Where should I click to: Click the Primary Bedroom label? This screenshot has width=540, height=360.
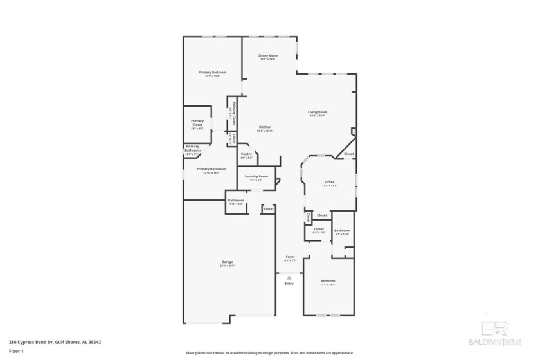pos(212,73)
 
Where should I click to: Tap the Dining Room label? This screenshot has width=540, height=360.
pos(267,56)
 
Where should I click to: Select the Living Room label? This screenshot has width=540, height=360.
pos(318,113)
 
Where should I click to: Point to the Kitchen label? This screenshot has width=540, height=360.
pos(265,127)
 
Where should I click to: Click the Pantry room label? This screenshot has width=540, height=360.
pos(246,154)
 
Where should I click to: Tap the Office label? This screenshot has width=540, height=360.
pos(329,182)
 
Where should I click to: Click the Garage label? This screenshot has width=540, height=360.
pos(228,262)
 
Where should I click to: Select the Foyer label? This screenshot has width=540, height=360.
pos(290,256)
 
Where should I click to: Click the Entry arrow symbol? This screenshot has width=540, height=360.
pos(289,278)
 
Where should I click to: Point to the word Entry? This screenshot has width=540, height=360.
pos(289,283)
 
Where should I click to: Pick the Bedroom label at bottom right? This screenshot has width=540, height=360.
pos(328,281)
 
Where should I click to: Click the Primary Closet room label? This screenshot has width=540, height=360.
pos(197,123)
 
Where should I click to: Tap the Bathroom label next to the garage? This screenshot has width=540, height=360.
pos(236,200)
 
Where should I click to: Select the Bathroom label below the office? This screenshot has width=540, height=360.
pos(342,231)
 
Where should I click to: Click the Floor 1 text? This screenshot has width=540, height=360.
pos(16,352)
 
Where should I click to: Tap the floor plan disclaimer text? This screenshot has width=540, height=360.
pos(270,353)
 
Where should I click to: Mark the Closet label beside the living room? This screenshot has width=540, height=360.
pos(348,154)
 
